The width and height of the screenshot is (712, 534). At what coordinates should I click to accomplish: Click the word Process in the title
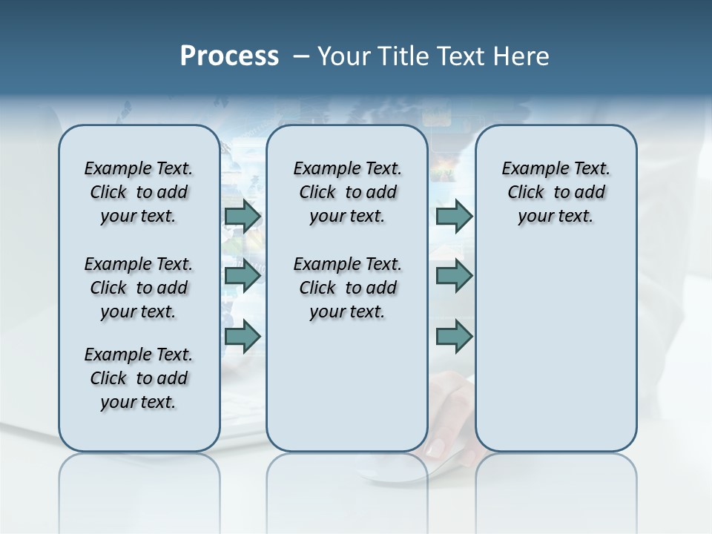click(x=229, y=56)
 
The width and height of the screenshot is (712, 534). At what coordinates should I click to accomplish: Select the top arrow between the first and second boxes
click(x=243, y=217)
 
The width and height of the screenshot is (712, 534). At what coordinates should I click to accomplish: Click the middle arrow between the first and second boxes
click(x=243, y=276)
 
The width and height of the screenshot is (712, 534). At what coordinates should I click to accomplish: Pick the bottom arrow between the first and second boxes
click(x=243, y=336)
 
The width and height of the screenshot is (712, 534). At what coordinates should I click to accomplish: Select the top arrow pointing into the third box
click(x=454, y=217)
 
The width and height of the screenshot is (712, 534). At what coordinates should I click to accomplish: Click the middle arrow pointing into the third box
click(x=454, y=276)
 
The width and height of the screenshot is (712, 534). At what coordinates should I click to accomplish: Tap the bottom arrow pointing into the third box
click(x=454, y=336)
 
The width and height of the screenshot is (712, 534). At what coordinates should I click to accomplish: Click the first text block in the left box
click(x=139, y=192)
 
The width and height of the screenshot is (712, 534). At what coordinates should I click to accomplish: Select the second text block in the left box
click(x=139, y=288)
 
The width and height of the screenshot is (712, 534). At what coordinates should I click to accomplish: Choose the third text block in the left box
click(x=139, y=378)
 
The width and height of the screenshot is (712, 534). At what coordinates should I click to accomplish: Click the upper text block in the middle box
click(x=347, y=192)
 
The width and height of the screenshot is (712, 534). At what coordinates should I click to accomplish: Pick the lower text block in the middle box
click(x=347, y=288)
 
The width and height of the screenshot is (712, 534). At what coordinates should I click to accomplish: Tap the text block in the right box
click(x=556, y=192)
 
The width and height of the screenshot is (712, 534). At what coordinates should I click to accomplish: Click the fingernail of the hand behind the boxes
click(x=436, y=447)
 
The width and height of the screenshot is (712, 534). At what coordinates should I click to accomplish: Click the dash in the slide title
click(x=301, y=56)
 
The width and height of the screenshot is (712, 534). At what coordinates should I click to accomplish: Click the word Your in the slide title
click(x=341, y=56)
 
